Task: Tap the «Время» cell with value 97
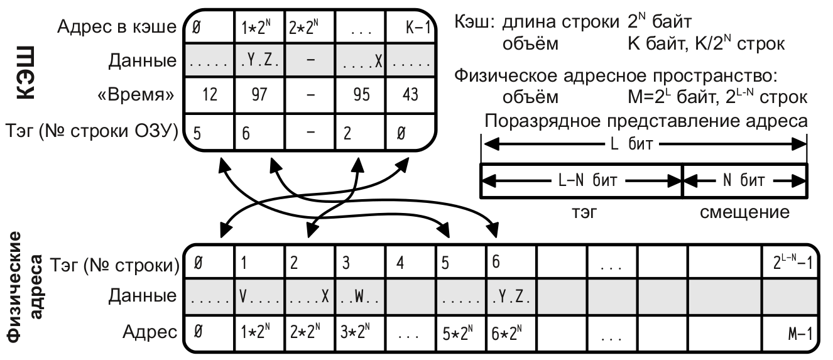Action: (259, 96)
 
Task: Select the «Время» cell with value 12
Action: (210, 96)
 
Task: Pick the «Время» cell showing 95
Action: (359, 96)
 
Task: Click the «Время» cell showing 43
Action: (408, 96)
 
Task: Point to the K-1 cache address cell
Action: (408, 28)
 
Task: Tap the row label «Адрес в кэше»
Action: (116, 27)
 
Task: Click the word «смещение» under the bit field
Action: (744, 212)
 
